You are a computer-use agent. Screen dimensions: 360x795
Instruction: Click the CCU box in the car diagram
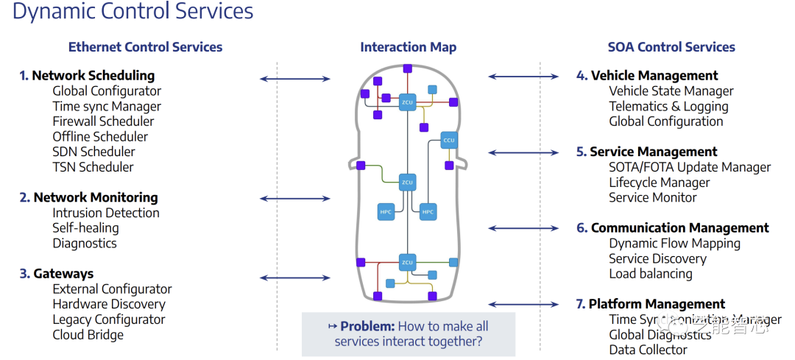coord(450,140)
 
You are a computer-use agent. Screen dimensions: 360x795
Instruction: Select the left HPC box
coord(386,212)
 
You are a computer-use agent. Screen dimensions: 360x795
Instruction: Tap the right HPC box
coord(428,212)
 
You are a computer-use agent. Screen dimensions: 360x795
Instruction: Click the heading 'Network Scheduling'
coord(93,75)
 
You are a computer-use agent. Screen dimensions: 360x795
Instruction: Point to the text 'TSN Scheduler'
coord(93,167)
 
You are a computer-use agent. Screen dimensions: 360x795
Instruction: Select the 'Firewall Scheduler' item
coord(103,121)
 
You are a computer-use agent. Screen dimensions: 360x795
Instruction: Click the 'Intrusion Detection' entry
coord(106,213)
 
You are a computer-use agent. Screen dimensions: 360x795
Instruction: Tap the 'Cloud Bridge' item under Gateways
coord(88,335)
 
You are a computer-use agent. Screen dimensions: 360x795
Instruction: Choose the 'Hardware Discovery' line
coord(109,304)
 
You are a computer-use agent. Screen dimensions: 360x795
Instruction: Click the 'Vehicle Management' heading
coord(654,75)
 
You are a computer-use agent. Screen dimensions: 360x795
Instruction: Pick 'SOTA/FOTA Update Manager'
coord(690,167)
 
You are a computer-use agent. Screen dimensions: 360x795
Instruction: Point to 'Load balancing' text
coord(651,274)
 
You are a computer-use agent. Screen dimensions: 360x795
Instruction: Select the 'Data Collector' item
coord(648,350)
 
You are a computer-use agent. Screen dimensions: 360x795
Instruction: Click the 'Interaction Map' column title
coord(408,47)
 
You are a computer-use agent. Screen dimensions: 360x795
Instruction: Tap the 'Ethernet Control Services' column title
coord(145,47)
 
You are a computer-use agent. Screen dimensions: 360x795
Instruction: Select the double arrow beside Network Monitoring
coord(295,198)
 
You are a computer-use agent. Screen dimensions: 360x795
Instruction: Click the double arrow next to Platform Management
coord(523,304)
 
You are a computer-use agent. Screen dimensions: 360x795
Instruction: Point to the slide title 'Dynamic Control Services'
coord(133,12)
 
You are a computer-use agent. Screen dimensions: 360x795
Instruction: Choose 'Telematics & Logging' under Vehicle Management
coord(668,106)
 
